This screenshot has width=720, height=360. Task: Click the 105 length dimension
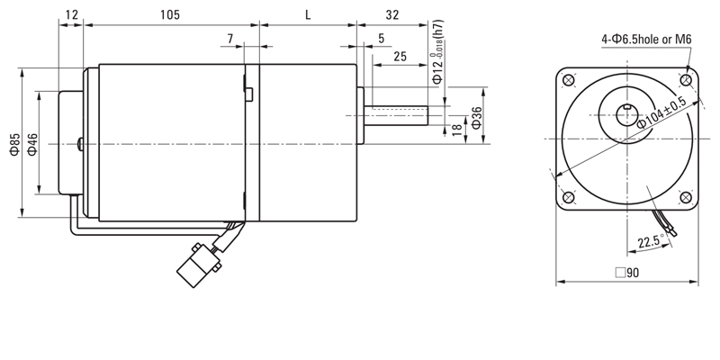click(x=170, y=14)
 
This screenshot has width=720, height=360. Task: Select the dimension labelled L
click(x=308, y=14)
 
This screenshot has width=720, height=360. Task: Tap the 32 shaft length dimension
click(x=392, y=14)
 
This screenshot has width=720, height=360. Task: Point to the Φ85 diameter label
click(x=15, y=144)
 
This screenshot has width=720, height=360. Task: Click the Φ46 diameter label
click(x=32, y=144)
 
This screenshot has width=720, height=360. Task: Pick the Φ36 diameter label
click(x=477, y=118)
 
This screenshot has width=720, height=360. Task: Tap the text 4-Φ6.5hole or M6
click(x=646, y=40)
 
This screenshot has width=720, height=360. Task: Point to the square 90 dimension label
click(x=627, y=273)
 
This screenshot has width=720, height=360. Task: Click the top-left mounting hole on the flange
click(x=569, y=80)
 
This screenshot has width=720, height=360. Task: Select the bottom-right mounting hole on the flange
click(x=686, y=197)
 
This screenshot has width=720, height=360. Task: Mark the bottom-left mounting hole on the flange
click(x=569, y=197)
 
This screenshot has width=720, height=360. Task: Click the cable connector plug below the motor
click(x=198, y=265)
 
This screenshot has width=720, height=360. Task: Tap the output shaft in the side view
click(x=396, y=116)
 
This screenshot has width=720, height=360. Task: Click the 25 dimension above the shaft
click(x=400, y=57)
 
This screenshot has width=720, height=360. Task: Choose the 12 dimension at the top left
click(x=72, y=14)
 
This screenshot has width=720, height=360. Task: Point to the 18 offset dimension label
click(x=457, y=130)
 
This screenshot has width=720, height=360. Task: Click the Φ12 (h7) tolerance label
click(x=438, y=52)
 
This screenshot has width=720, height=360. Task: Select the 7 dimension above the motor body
click(x=229, y=39)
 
